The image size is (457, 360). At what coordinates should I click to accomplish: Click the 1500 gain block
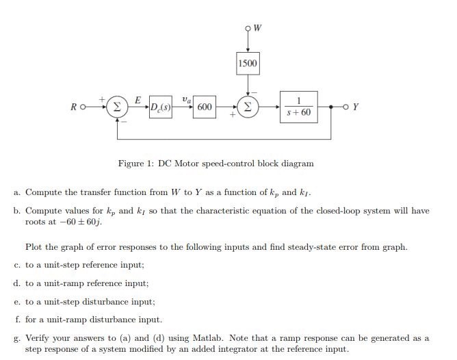(x=248, y=64)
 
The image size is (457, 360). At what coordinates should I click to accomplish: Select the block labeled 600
(x=204, y=107)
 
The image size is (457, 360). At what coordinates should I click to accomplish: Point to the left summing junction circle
(x=117, y=107)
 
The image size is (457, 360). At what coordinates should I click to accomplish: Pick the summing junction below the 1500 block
(x=248, y=107)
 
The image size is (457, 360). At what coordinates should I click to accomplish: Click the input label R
(x=73, y=107)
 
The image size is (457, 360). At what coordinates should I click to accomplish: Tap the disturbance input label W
(x=258, y=28)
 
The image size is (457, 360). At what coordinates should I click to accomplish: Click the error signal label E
(x=138, y=100)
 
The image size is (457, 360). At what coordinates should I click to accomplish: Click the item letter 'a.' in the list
(x=17, y=194)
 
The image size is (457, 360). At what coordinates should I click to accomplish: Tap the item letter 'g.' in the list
(x=17, y=337)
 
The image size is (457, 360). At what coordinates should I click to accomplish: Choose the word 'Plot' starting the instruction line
(x=34, y=246)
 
